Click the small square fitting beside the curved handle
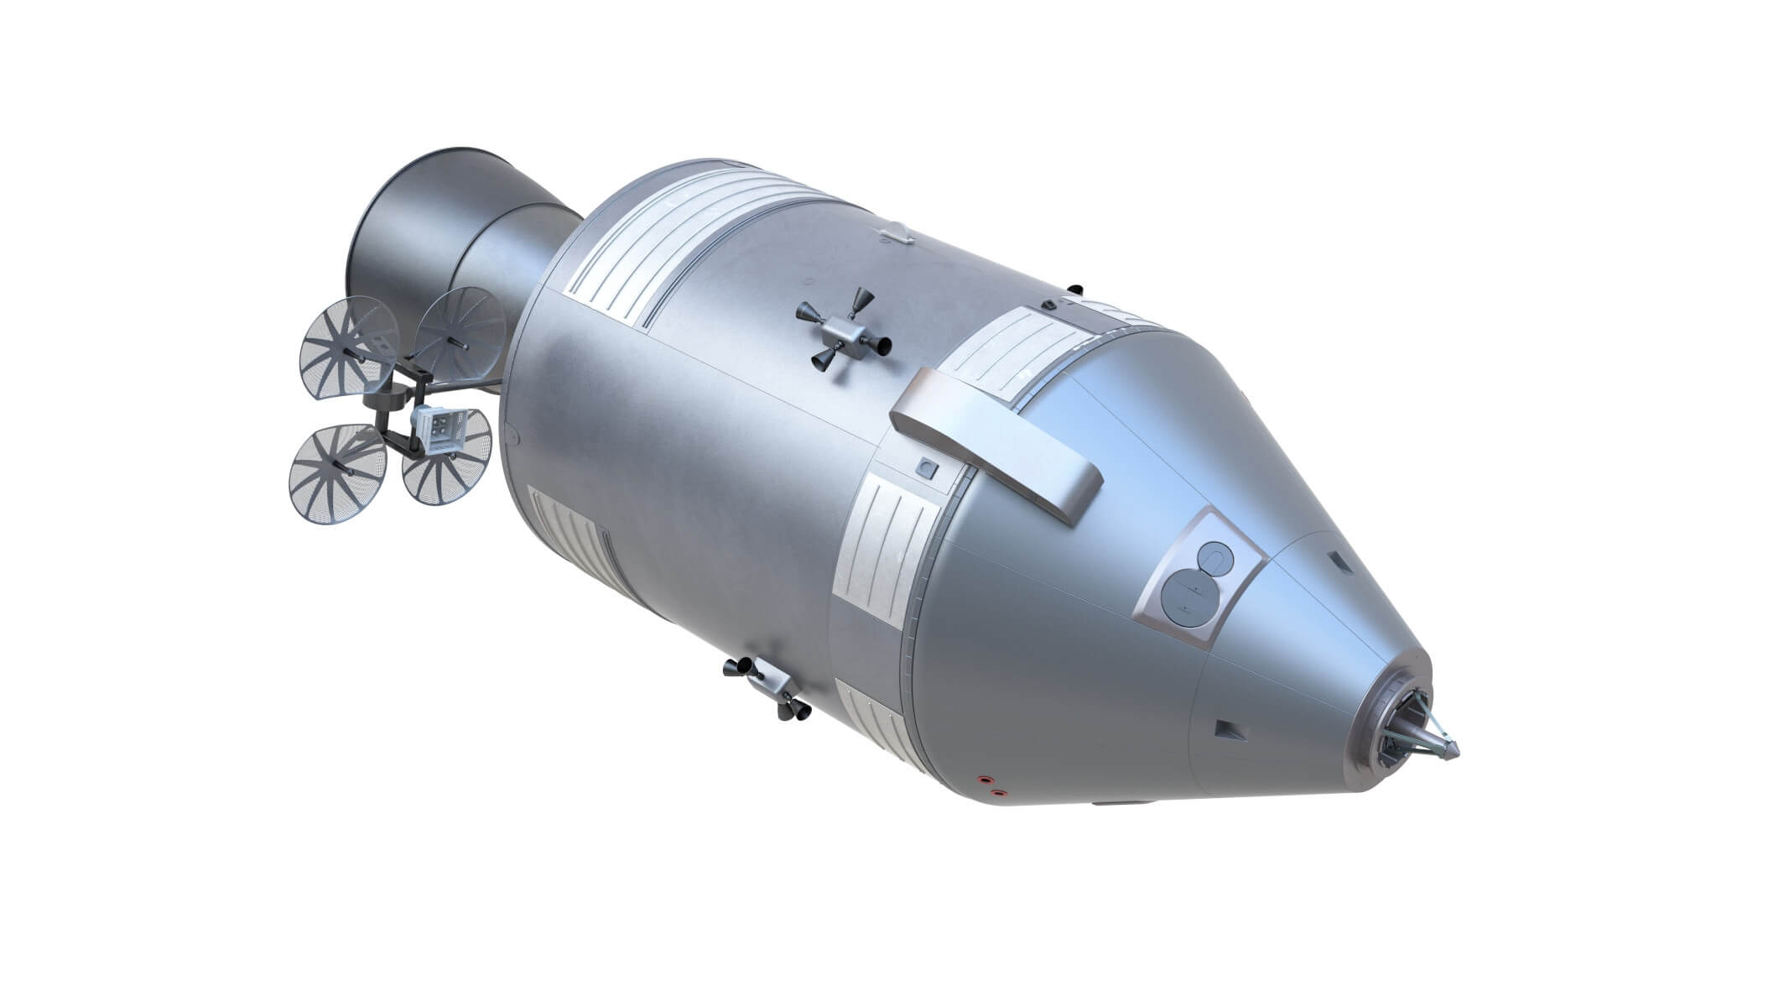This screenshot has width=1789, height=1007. pos(927,467)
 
